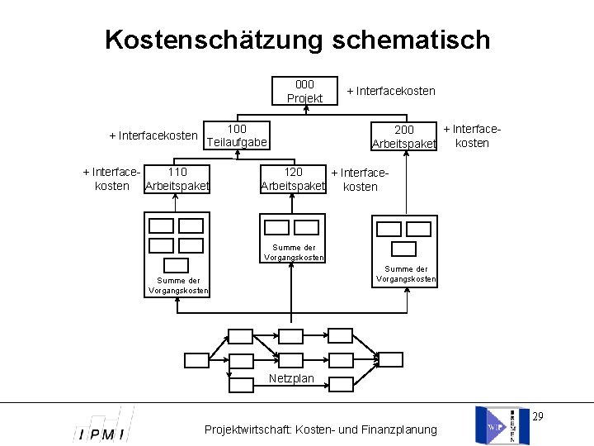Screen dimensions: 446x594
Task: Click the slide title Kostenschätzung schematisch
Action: (x=297, y=40)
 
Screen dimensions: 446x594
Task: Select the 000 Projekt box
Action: (x=304, y=91)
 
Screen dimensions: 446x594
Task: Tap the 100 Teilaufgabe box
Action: (x=237, y=136)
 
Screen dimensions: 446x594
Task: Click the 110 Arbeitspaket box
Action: (x=177, y=179)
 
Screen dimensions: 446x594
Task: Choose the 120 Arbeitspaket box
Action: (x=293, y=179)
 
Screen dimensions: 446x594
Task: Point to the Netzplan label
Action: (x=291, y=378)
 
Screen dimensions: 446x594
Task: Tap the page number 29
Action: (x=538, y=415)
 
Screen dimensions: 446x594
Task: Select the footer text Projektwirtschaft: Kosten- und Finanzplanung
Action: (x=321, y=429)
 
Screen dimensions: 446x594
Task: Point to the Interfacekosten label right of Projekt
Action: (x=391, y=91)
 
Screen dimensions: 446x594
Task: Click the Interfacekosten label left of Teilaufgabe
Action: (x=153, y=135)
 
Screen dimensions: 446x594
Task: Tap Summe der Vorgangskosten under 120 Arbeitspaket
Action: (x=294, y=252)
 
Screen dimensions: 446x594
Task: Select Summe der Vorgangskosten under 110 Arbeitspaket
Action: (x=178, y=286)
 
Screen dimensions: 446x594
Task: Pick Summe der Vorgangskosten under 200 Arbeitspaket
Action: (x=406, y=273)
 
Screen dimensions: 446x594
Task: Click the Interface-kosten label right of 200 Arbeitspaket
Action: (x=472, y=136)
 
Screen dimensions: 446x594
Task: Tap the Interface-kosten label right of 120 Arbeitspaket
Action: (x=359, y=180)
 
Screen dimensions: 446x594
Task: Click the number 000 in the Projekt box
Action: (x=304, y=84)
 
